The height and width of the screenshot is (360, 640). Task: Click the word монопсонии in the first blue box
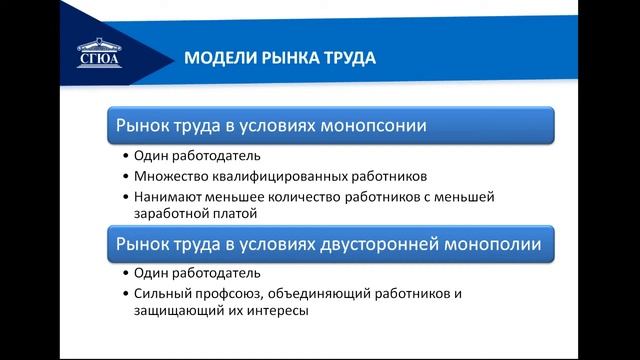tap(373, 127)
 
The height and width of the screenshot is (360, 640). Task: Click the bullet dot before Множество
tap(125, 175)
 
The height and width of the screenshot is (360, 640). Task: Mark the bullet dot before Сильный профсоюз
tap(125, 293)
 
